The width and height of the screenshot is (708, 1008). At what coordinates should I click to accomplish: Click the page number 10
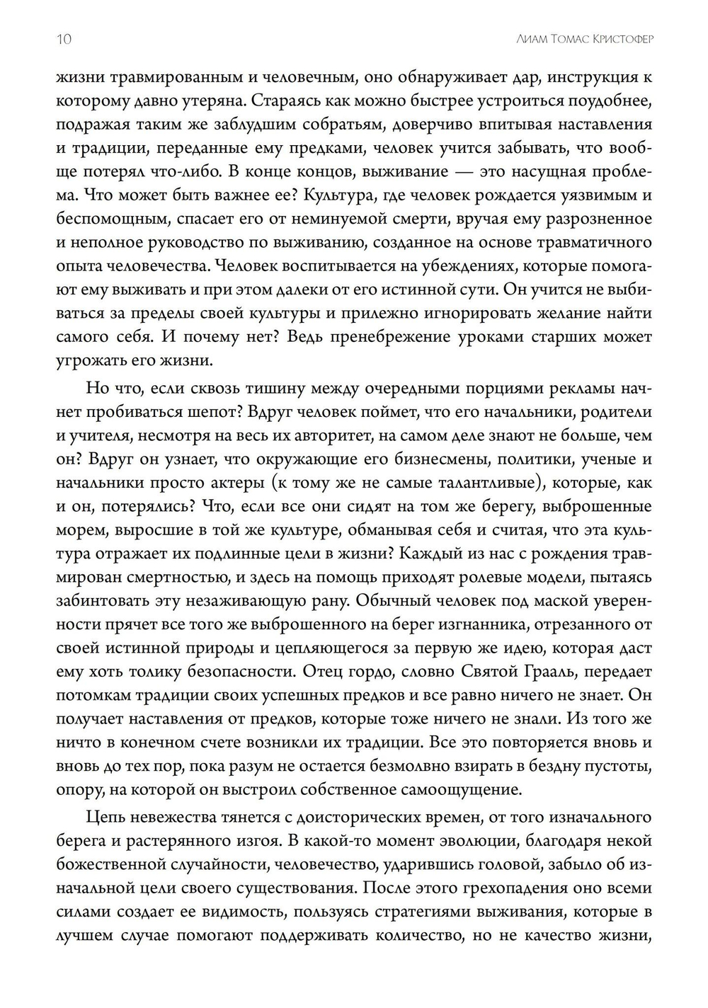click(64, 38)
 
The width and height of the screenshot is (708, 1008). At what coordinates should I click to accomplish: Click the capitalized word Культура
click(291, 195)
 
